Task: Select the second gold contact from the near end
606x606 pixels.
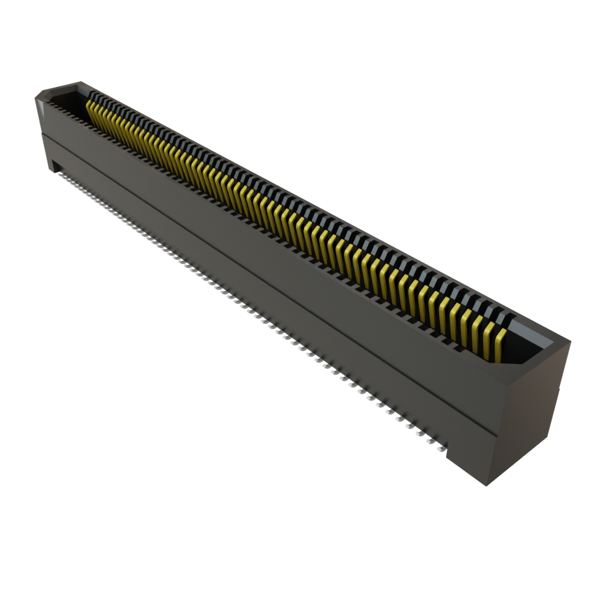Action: pos(488,340)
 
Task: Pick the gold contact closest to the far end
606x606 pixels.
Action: pos(91,108)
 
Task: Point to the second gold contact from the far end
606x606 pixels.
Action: pos(95,111)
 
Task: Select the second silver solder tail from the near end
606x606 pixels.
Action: pos(430,441)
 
